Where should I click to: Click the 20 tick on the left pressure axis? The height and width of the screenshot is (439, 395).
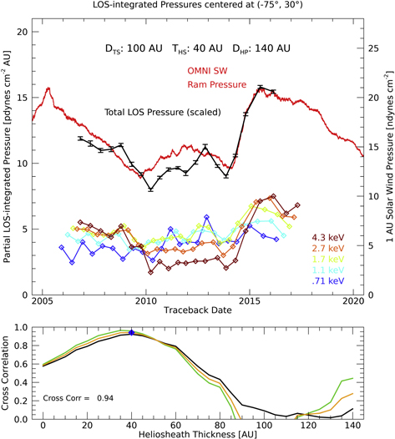23,32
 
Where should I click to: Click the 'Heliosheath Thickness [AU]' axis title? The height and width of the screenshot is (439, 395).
198,431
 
